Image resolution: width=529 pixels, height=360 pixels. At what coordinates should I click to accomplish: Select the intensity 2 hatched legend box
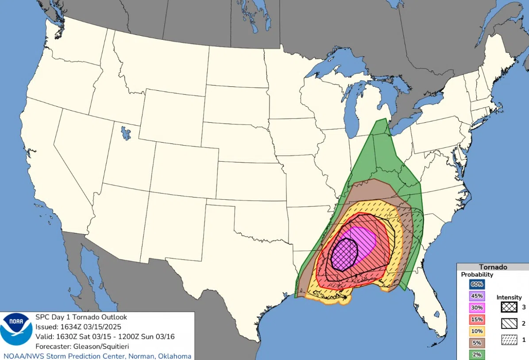click(509, 324)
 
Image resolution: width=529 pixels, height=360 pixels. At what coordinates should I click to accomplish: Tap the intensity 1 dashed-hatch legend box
click(509, 340)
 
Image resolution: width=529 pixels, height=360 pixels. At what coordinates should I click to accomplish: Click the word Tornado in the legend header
click(493, 267)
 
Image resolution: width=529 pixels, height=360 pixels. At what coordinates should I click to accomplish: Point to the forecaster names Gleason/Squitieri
click(98, 346)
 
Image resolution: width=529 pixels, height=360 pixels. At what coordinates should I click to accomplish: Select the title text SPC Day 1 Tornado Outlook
click(81, 317)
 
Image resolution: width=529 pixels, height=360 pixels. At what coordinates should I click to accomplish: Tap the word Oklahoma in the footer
click(174, 356)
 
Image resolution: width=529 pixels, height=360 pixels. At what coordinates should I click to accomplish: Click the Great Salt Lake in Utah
click(126, 132)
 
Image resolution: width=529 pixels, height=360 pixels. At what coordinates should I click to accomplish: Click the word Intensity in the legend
click(509, 297)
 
